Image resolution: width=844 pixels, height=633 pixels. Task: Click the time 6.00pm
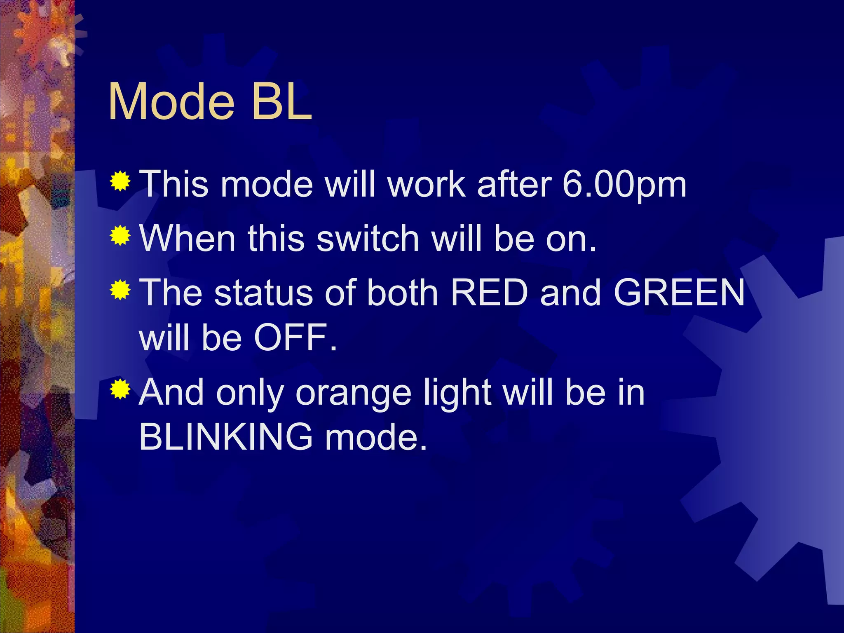(624, 184)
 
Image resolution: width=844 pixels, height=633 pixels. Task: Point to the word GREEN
(679, 293)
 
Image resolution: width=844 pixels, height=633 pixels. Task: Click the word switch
(368, 239)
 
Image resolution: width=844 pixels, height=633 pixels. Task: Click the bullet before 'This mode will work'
(120, 181)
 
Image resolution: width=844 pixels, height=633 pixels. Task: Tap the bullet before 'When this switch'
(120, 236)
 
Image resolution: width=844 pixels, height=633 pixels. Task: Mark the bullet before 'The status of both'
(120, 290)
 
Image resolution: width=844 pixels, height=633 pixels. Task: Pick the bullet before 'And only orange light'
(120, 389)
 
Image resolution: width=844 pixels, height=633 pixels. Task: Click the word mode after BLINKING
(375, 437)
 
